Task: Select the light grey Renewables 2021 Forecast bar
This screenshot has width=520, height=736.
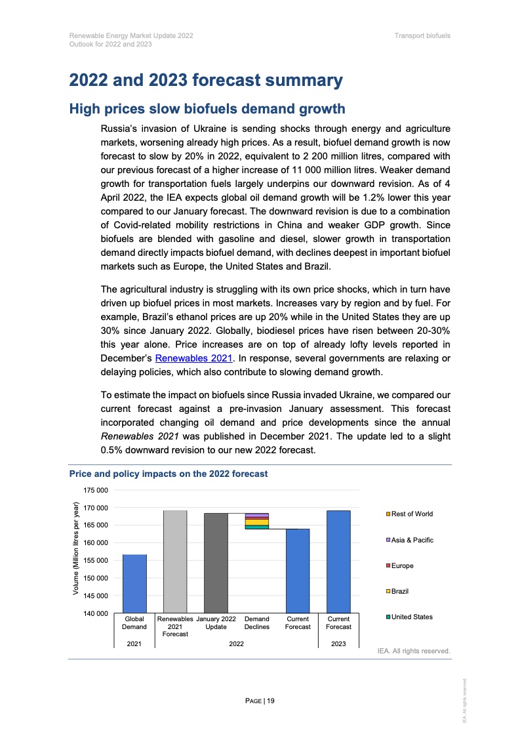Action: click(175, 562)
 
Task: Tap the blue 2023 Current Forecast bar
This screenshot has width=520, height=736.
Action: click(338, 562)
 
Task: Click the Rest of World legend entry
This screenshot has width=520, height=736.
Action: click(411, 514)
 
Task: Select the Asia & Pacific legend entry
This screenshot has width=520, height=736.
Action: click(412, 540)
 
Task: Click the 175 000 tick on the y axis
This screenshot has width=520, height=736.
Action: click(95, 490)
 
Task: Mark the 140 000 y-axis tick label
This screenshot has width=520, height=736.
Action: click(95, 613)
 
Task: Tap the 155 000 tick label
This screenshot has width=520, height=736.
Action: click(95, 561)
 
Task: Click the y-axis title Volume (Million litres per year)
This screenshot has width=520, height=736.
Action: click(76, 549)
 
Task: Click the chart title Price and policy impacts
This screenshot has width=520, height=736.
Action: click(169, 474)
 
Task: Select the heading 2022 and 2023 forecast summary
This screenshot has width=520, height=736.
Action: click(206, 81)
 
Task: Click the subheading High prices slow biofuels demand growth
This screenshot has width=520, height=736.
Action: click(207, 109)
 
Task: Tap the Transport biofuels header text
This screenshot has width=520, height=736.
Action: click(422, 35)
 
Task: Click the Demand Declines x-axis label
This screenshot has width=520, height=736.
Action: click(256, 623)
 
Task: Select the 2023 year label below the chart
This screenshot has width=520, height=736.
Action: click(338, 644)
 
